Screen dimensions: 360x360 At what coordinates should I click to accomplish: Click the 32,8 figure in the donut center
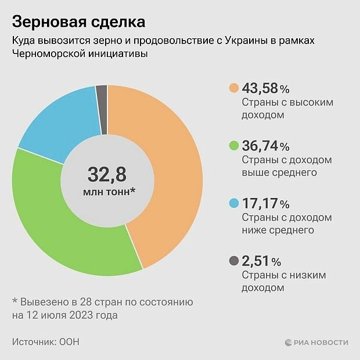coord(107,174)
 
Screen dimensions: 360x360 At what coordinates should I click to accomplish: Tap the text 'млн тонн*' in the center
coord(107,191)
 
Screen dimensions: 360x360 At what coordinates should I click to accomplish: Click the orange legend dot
coord(233,88)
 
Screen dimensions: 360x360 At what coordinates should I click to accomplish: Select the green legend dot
coord(233,146)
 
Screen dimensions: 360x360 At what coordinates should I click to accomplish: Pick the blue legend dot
coord(233,203)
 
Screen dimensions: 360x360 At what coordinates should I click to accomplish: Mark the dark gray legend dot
coord(233,261)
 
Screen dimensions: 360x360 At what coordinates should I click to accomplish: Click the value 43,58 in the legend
coord(260,88)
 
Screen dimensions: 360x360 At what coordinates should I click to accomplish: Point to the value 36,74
coord(260,146)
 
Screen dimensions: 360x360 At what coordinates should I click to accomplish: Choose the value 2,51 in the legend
coord(256,261)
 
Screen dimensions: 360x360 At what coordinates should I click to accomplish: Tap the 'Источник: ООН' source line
coord(45,341)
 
